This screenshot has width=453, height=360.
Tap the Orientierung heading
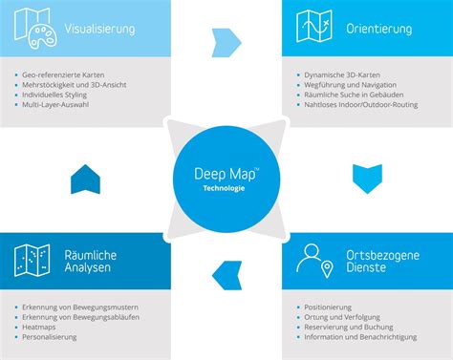380,30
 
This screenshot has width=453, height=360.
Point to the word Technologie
225,189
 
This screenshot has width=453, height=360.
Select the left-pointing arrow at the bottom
226,274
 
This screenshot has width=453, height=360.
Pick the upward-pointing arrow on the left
85,178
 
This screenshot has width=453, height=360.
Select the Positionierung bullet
331,307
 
